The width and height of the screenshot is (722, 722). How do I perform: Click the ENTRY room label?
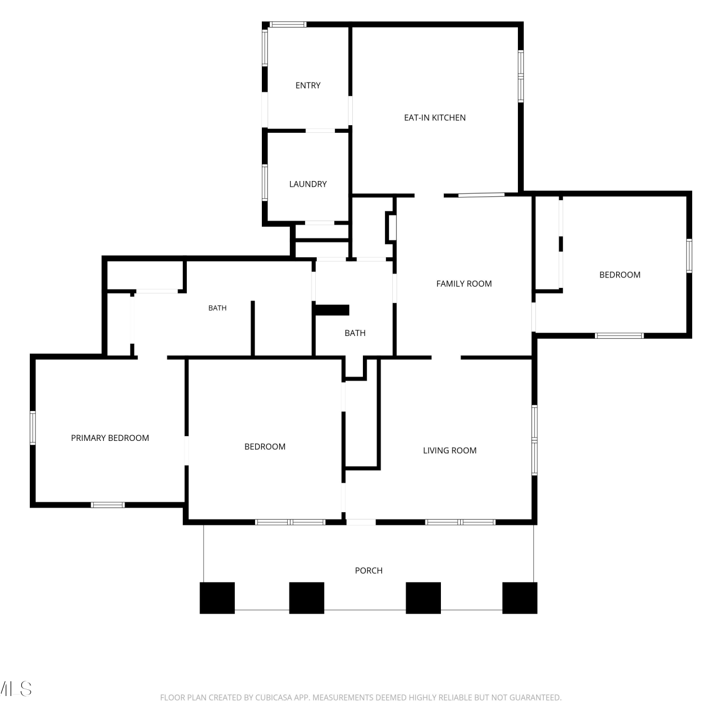(x=308, y=86)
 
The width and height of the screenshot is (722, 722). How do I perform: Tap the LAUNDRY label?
(x=308, y=184)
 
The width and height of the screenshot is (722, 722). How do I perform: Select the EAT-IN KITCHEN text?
(x=435, y=118)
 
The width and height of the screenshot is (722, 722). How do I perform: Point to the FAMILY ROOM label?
(x=464, y=284)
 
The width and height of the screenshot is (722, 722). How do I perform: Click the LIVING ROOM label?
(x=450, y=451)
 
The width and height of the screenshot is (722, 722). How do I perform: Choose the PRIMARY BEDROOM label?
(x=110, y=438)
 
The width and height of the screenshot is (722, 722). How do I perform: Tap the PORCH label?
(x=369, y=570)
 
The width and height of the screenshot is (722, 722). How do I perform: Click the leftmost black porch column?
(x=217, y=598)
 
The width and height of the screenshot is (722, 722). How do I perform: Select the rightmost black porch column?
(x=520, y=598)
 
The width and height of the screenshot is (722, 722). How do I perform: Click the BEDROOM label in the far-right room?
(x=620, y=275)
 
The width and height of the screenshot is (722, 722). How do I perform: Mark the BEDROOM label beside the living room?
(x=265, y=447)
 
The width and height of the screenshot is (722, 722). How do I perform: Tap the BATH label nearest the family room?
(x=355, y=333)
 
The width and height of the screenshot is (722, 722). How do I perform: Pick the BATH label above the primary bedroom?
(x=217, y=308)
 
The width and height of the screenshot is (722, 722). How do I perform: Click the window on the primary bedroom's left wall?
(x=33, y=427)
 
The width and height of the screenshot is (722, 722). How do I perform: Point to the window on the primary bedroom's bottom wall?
(x=108, y=505)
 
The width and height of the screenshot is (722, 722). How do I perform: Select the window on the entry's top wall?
(x=287, y=24)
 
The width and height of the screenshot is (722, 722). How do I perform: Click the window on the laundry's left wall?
(x=265, y=182)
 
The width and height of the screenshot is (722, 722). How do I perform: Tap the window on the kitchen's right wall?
(x=521, y=76)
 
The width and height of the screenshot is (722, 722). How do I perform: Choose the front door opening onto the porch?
(x=361, y=522)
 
